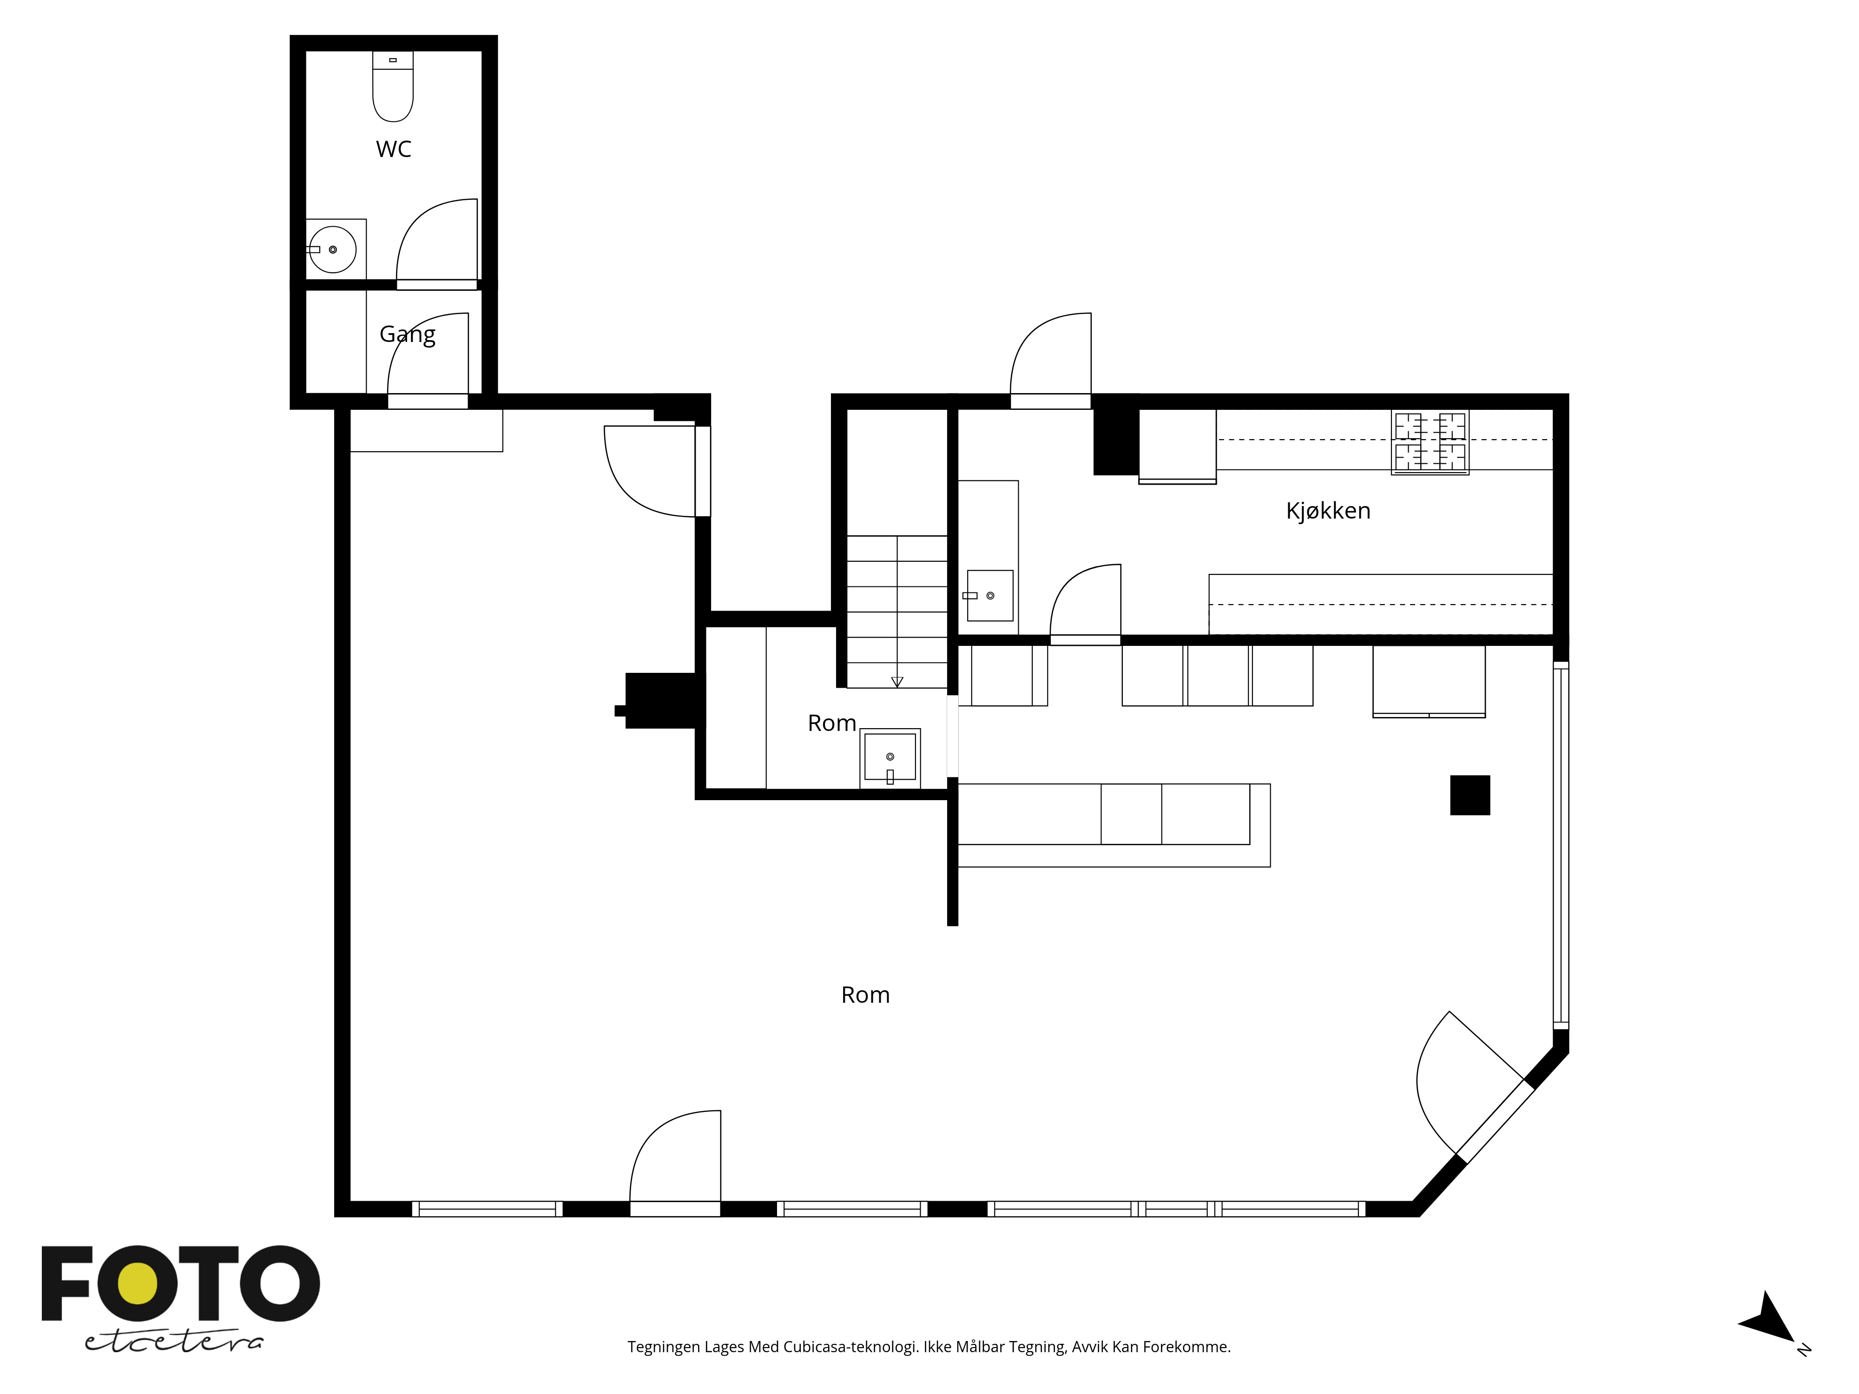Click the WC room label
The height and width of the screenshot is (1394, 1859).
click(x=393, y=150)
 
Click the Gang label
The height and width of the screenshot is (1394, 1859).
click(x=408, y=335)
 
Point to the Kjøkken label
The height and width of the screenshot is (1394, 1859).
click(x=1328, y=511)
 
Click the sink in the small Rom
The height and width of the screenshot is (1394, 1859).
click(x=890, y=758)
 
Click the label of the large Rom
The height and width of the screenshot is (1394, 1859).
click(x=865, y=995)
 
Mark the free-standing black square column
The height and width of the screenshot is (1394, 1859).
click(x=1470, y=795)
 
